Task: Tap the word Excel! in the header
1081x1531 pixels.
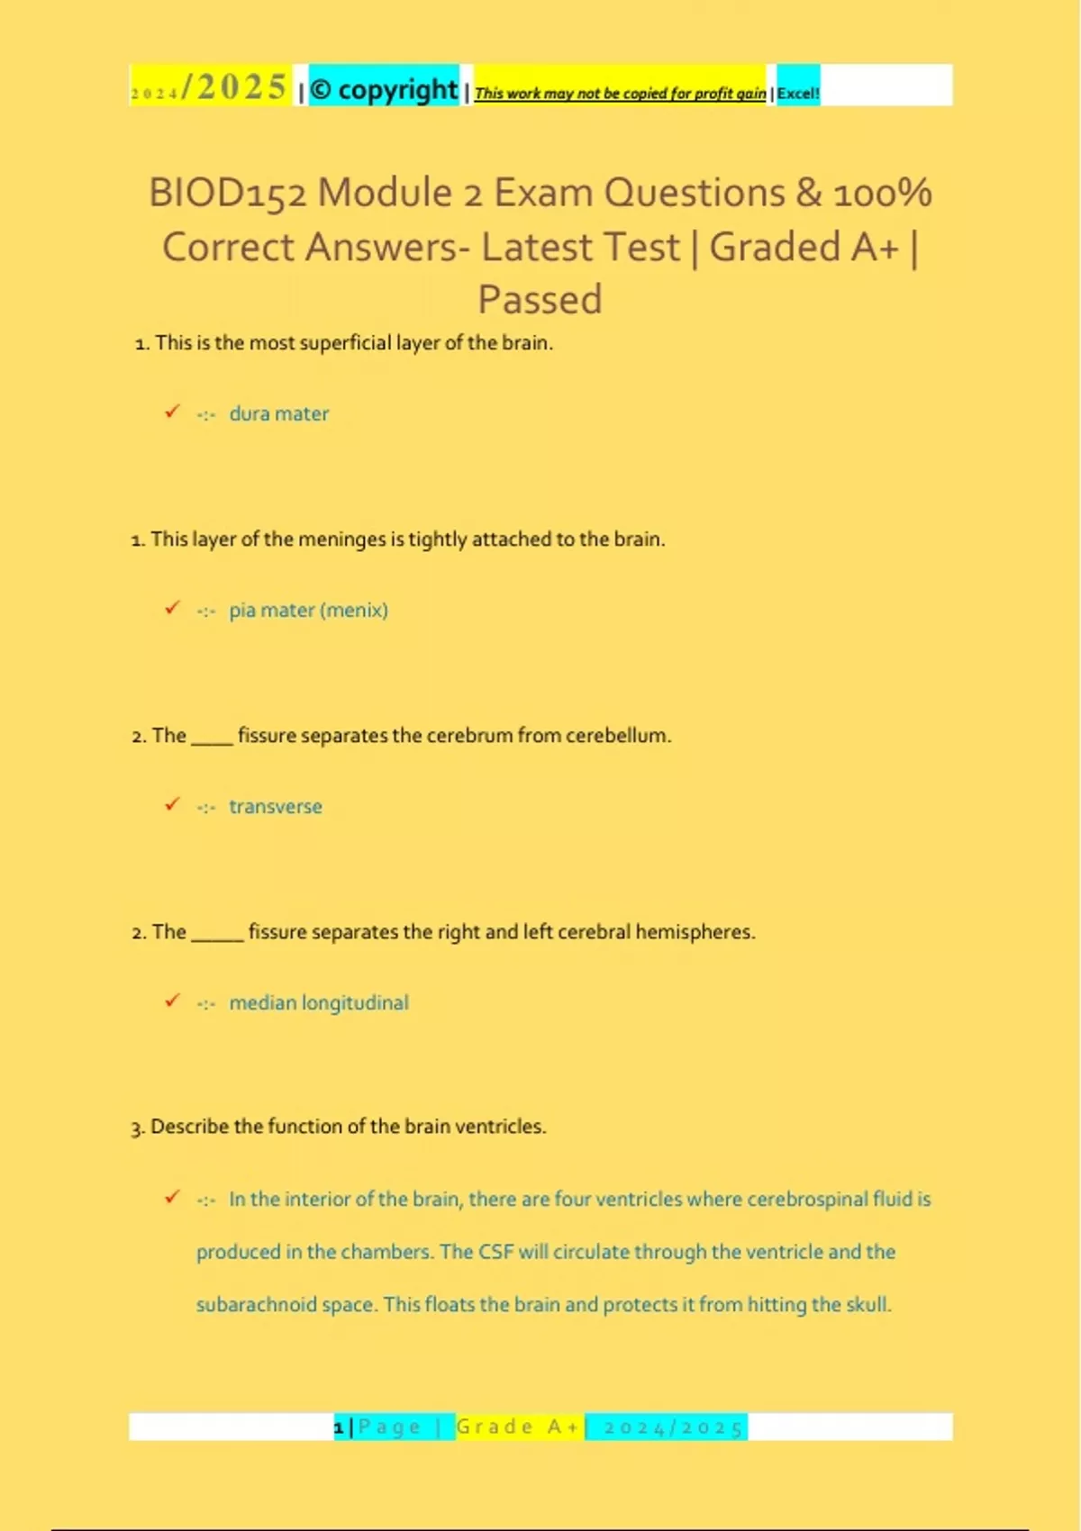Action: point(798,93)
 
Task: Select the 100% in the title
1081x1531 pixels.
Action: point(882,193)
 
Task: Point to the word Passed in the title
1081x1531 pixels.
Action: point(540,299)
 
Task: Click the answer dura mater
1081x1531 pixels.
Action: point(278,413)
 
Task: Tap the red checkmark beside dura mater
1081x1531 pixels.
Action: point(172,412)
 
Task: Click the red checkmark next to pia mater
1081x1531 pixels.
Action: point(172,608)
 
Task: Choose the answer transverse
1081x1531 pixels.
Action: point(275,806)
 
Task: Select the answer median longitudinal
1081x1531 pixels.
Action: point(318,1002)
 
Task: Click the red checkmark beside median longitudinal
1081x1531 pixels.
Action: point(172,1001)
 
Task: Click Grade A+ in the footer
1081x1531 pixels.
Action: point(518,1427)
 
